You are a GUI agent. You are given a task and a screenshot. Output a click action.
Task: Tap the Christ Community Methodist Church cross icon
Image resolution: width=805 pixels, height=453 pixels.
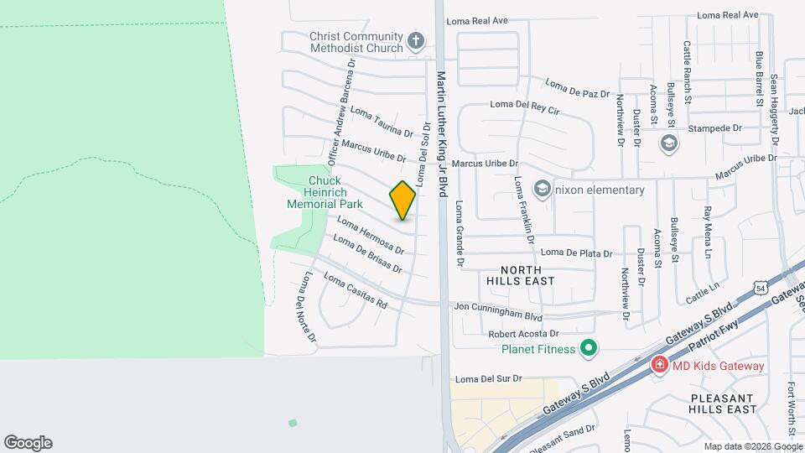coord(415,41)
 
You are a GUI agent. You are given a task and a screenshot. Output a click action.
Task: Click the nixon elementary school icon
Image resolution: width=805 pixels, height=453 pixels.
coord(542,190)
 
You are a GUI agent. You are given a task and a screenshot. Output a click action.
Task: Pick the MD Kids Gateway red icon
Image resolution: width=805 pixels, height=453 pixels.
coord(660,366)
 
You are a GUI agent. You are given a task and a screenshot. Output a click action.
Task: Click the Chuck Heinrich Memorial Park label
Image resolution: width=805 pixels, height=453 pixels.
coord(324,192)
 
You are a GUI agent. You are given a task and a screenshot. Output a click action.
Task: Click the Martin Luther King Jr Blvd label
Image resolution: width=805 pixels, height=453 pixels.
coord(442,134)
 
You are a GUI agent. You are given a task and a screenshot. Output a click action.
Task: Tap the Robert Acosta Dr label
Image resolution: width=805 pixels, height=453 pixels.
coord(524,334)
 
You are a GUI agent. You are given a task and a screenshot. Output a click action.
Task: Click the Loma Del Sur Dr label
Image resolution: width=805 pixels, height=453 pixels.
coord(486,378)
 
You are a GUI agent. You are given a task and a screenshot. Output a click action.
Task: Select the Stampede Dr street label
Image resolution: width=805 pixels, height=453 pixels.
coord(714,128)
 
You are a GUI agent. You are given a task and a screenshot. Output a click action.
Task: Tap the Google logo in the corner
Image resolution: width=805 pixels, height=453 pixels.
coord(28,442)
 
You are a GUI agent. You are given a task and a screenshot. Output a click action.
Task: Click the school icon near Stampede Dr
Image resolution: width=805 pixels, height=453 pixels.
coord(668,143)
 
